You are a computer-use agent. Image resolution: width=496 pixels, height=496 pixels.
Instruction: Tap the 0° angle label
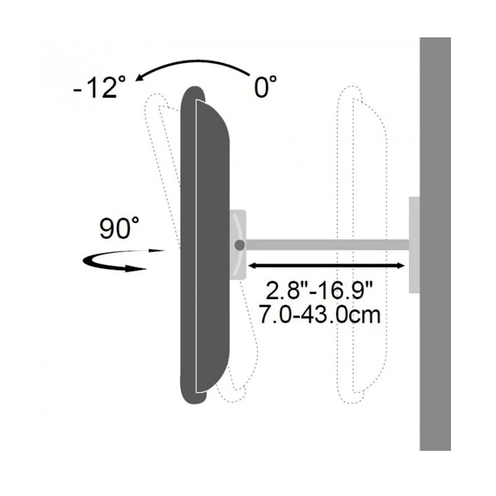pyautogui.click(x=265, y=86)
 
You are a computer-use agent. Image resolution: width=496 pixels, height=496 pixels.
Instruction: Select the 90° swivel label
pyautogui.click(x=119, y=228)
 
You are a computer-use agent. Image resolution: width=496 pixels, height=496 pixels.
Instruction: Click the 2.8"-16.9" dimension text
pyautogui.click(x=319, y=290)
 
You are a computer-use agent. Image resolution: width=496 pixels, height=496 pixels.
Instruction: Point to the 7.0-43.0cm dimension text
pyautogui.click(x=319, y=314)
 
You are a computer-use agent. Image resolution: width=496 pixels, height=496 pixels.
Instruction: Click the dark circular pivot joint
pyautogui.click(x=240, y=245)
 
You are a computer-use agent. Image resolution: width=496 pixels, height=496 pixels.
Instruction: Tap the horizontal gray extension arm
pyautogui.click(x=327, y=245)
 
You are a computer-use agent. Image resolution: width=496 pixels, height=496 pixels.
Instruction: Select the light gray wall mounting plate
pyautogui.click(x=414, y=245)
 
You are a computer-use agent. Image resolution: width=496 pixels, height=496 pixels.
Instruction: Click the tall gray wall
pyautogui.click(x=435, y=244)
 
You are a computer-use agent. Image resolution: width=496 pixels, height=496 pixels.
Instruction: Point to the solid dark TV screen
pyautogui.click(x=204, y=245)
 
